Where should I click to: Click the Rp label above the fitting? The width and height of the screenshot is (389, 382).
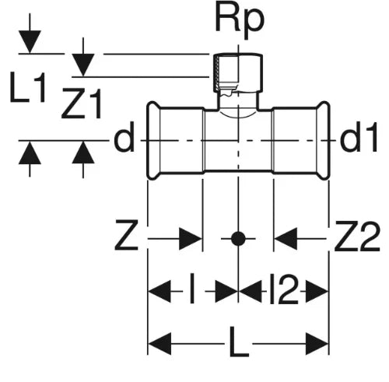[240, 22]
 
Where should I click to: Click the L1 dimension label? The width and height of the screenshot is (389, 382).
[28, 87]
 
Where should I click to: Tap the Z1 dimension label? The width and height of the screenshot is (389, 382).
[81, 103]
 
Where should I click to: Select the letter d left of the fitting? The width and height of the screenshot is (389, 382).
[124, 137]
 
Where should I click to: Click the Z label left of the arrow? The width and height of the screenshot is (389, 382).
[126, 235]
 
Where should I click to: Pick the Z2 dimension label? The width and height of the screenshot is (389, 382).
[357, 236]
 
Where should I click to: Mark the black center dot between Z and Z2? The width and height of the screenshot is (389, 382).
[238, 239]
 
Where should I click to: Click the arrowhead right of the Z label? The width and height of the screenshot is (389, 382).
[191, 239]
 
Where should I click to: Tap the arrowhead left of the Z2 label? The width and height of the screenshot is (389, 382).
[286, 239]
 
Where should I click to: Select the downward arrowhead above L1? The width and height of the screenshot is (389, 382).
[30, 42]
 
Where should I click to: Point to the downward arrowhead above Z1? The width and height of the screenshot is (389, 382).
[83, 65]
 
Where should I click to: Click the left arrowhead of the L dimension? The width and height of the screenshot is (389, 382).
[159, 344]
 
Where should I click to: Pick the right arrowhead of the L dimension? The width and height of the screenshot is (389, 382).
[317, 344]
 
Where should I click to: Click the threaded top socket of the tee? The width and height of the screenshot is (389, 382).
[238, 72]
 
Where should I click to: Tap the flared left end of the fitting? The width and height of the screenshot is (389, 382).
[153, 140]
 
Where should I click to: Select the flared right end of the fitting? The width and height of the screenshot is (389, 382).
[324, 140]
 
